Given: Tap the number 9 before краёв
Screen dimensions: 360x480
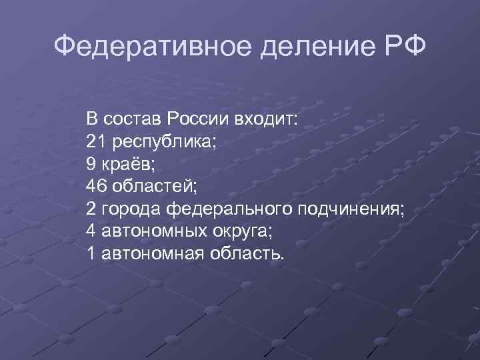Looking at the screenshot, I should [91, 164].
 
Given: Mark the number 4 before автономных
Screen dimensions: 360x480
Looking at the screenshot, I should [91, 231].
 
